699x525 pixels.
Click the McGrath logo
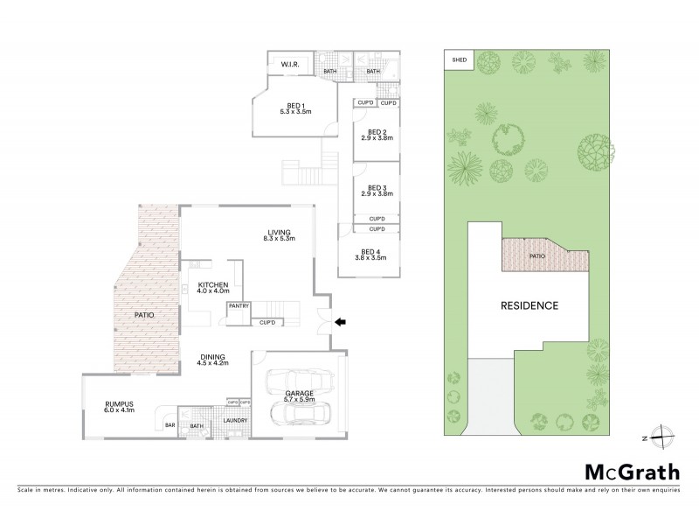[x=631, y=472]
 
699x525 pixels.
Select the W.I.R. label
[x=289, y=64]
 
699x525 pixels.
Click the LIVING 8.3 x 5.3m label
[x=281, y=234]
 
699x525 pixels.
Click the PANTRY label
[x=239, y=306]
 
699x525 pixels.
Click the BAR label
[x=169, y=426]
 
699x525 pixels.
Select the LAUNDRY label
[x=233, y=421]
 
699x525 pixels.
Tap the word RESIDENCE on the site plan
[x=529, y=305]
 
